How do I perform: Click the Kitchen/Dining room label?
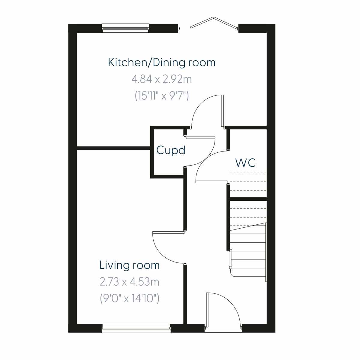pyautogui.click(x=161, y=62)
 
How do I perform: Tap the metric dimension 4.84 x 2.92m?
pyautogui.click(x=161, y=79)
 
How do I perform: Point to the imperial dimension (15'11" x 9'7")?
pyautogui.click(x=161, y=96)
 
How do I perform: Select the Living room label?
pyautogui.click(x=129, y=265)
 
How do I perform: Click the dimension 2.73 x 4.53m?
pyautogui.click(x=129, y=282)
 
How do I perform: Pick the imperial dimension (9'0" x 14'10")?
pyautogui.click(x=129, y=298)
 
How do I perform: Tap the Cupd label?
pyautogui.click(x=170, y=150)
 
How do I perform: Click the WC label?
pyautogui.click(x=245, y=163)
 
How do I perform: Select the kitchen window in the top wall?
pyautogui.click(x=125, y=28)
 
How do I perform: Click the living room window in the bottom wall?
pyautogui.click(x=136, y=328)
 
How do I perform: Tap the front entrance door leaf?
pyautogui.click(x=207, y=310)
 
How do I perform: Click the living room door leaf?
pyautogui.click(x=168, y=232)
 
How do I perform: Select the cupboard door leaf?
pyautogui.click(x=200, y=138)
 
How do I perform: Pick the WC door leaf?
pyautogui.click(x=211, y=181)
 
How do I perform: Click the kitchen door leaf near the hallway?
pyautogui.click(x=222, y=111)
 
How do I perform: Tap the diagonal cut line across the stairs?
pyautogui.click(x=248, y=227)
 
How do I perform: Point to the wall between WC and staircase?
pyautogui.click(x=248, y=199)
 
